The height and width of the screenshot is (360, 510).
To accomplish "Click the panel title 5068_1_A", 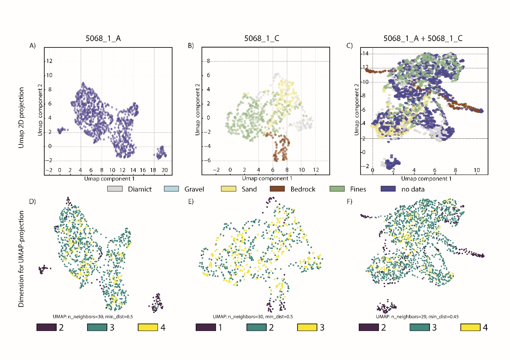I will (103, 39).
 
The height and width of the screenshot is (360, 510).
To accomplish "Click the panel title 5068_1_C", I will (262, 39).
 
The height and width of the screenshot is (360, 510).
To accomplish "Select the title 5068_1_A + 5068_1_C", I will (423, 39).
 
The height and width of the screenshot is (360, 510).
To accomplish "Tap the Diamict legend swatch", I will (115, 189).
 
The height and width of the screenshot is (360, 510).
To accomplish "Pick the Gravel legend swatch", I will (171, 189).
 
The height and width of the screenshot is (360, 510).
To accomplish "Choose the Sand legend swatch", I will (228, 189).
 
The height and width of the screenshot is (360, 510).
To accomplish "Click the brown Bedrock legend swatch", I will (277, 189).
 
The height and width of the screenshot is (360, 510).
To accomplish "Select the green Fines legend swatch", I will (337, 189).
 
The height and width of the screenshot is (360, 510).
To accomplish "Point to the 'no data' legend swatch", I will (388, 189).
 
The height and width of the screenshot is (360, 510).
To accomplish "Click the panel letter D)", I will (32, 201).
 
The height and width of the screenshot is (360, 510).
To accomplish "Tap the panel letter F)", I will (350, 201).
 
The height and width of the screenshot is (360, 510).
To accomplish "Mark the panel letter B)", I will (191, 46).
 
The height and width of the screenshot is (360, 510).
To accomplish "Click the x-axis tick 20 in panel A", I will (165, 170).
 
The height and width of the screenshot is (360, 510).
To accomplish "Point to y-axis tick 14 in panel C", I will (365, 54).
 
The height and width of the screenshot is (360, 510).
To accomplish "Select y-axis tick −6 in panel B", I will (208, 160).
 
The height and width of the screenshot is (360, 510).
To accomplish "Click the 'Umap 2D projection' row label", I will (22, 118).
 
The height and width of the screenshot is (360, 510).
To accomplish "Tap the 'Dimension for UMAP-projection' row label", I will (22, 259).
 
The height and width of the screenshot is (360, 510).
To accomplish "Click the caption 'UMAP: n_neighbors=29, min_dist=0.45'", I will (417, 316).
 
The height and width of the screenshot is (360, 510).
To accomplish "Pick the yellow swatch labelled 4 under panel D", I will (148, 327).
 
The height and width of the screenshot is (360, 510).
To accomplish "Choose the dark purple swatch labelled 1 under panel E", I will (206, 327).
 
